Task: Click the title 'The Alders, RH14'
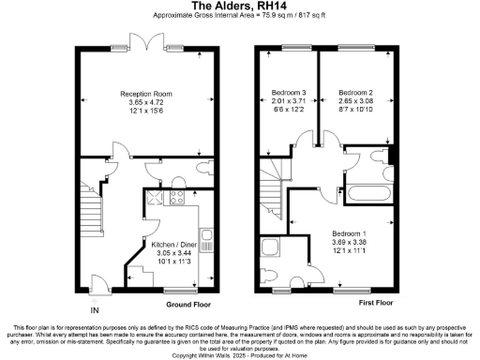239,6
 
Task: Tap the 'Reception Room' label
145,94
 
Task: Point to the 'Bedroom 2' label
356,93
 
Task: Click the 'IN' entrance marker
94,310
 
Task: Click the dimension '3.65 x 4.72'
145,103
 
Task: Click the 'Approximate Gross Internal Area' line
239,17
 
